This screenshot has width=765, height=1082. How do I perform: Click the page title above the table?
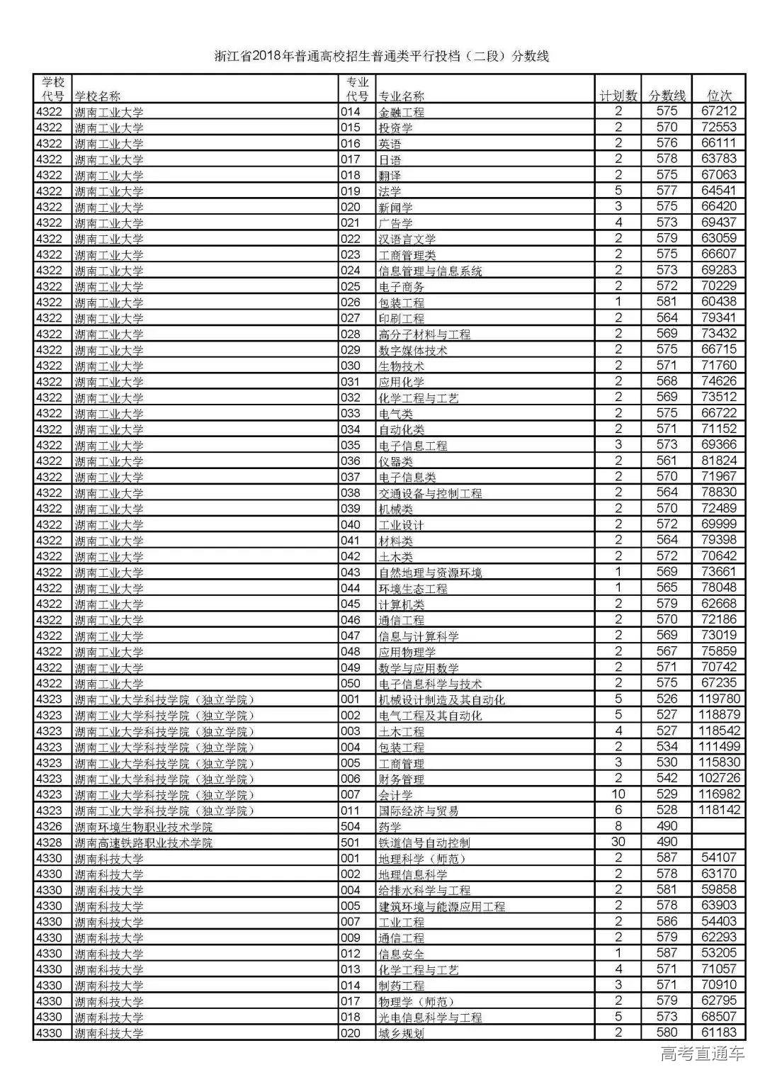click(382, 57)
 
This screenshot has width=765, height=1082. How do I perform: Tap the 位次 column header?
click(720, 96)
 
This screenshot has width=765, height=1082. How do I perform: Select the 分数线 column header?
click(667, 96)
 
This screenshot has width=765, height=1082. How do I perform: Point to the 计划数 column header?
click(618, 96)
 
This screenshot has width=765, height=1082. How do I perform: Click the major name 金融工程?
click(402, 112)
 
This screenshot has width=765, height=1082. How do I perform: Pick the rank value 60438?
click(719, 302)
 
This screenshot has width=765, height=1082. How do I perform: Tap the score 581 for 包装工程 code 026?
click(667, 302)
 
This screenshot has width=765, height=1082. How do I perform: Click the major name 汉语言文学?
click(407, 239)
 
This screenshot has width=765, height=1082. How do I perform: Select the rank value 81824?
click(719, 461)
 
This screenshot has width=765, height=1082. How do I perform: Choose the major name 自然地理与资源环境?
click(431, 573)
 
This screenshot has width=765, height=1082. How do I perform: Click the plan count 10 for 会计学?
click(618, 794)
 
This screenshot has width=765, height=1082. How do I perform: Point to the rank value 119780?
click(719, 699)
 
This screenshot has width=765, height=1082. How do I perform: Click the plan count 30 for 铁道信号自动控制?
click(618, 842)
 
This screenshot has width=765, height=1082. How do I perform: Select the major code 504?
click(351, 826)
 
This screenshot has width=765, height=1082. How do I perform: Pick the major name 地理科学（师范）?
click(416, 858)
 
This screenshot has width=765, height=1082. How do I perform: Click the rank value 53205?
click(719, 953)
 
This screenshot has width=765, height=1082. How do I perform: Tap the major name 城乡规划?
click(402, 1033)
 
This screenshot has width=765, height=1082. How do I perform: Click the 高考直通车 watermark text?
click(703, 1054)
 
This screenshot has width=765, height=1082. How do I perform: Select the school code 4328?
click(50, 843)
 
